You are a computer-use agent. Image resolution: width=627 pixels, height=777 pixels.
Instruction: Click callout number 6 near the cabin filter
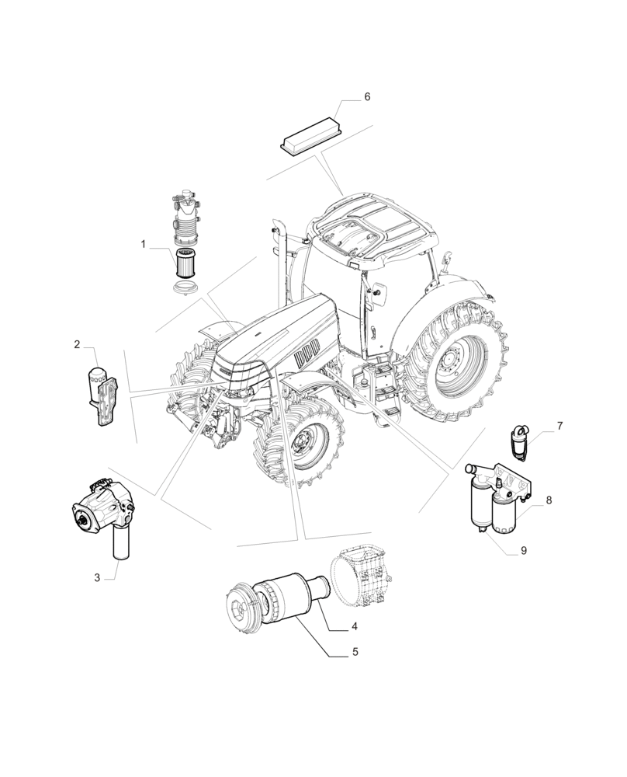point(367,97)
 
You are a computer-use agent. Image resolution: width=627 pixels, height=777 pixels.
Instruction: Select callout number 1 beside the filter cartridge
point(144,244)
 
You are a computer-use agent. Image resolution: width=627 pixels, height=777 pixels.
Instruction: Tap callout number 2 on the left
point(78,344)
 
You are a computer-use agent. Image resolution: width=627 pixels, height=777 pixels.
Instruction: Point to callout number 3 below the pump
point(98,577)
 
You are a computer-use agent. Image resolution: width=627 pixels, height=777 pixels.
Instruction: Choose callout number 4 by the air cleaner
point(354,626)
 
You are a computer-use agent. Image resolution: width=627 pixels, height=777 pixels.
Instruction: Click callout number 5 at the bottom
point(355,653)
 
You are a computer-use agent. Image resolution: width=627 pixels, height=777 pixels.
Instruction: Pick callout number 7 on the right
point(559,427)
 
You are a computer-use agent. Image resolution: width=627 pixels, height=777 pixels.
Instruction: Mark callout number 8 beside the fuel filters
point(548,500)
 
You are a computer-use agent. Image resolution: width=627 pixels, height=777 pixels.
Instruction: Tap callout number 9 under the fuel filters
point(523,550)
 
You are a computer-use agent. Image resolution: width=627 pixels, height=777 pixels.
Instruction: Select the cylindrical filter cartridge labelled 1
point(184,264)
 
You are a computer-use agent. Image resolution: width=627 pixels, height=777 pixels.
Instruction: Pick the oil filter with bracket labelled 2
point(101,392)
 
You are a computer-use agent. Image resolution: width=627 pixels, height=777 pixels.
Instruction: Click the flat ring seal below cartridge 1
point(185,290)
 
